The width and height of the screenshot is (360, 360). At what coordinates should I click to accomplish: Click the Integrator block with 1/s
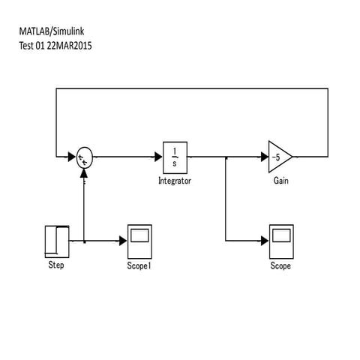(175, 157)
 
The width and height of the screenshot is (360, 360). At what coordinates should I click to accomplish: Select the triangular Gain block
(279, 157)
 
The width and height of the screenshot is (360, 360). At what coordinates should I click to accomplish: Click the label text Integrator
(175, 181)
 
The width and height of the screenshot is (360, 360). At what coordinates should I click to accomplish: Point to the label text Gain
(280, 181)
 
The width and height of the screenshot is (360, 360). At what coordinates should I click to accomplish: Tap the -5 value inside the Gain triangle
(276, 157)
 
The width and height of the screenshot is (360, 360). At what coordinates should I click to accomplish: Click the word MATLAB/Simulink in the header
(52, 32)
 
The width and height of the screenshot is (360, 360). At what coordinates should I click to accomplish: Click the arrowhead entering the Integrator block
(159, 157)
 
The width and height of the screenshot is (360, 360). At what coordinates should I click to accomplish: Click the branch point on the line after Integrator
(226, 157)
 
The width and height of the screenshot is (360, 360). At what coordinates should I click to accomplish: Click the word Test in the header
(26, 45)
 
